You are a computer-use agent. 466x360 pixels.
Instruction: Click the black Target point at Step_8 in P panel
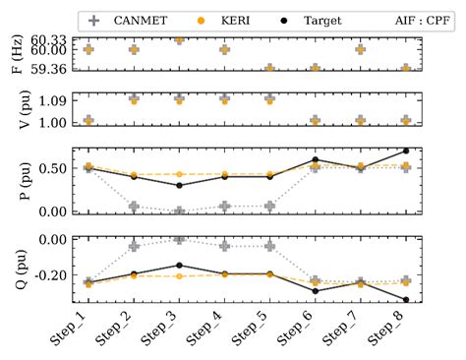[405, 151]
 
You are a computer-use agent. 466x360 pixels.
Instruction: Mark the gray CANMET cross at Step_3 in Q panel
[179, 239]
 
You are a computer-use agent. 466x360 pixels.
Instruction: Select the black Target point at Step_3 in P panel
[179, 185]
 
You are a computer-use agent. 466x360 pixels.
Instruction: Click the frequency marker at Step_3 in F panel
[179, 40]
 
